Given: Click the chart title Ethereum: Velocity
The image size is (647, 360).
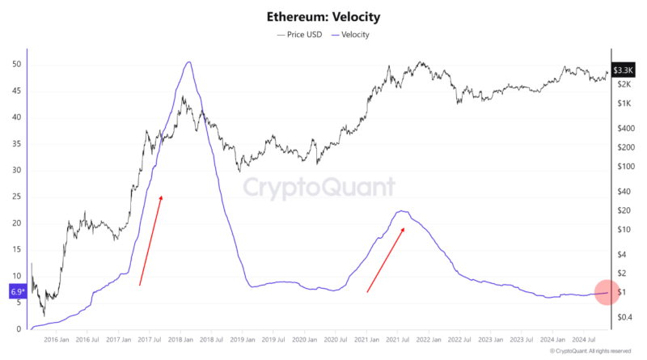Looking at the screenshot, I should pyautogui.click(x=323, y=16).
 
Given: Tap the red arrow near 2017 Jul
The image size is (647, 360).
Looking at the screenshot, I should pyautogui.click(x=150, y=240).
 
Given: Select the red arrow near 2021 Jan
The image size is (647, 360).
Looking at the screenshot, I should pyautogui.click(x=385, y=260).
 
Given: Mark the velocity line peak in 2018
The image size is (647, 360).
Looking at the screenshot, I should pyautogui.click(x=188, y=62).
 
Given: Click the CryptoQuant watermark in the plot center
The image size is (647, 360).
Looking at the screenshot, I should pyautogui.click(x=319, y=188).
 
